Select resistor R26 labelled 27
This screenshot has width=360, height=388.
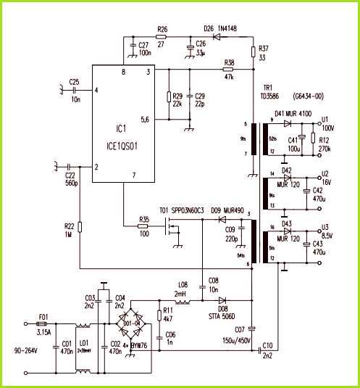click(x=162, y=38)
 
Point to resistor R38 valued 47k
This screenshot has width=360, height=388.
click(x=230, y=70)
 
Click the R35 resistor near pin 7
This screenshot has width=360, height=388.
click(x=143, y=226)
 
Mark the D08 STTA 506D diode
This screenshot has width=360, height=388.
click(x=222, y=300)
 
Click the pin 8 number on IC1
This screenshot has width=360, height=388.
click(x=124, y=73)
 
